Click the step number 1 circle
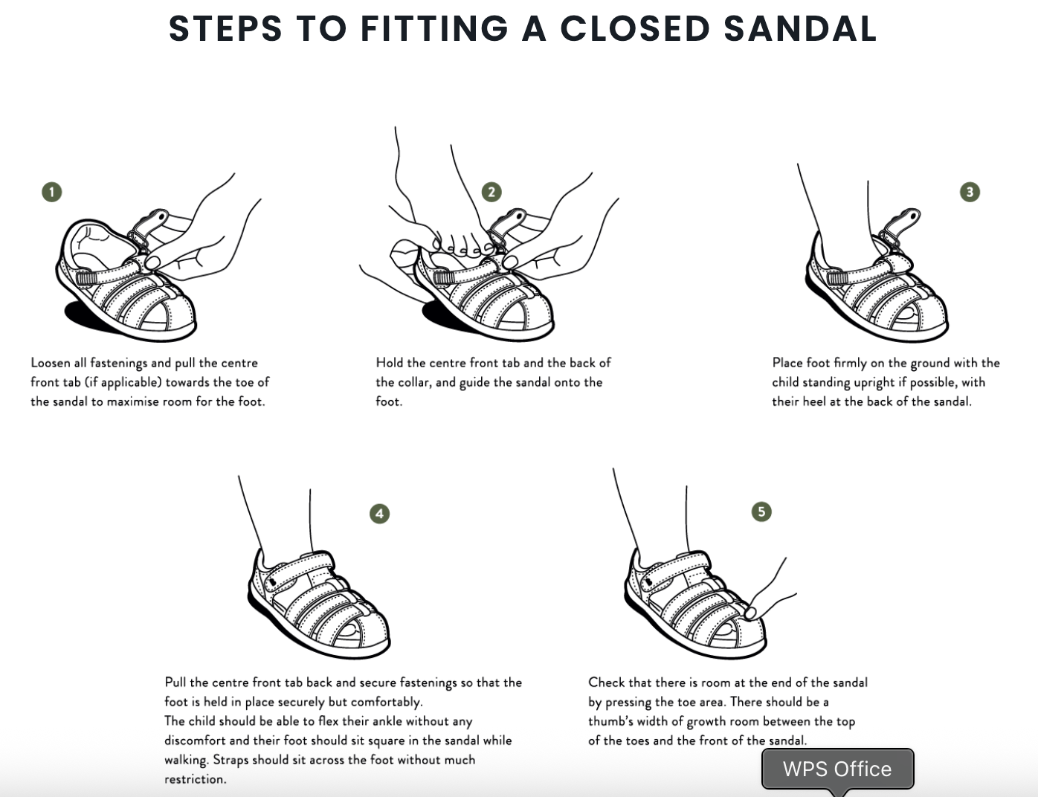(x=51, y=192)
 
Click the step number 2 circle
(x=491, y=192)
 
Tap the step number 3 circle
(x=970, y=192)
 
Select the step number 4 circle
(x=379, y=514)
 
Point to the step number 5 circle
(x=761, y=512)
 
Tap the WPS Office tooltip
(x=837, y=769)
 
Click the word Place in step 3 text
(x=787, y=363)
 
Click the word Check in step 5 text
(x=606, y=683)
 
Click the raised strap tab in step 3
(x=901, y=223)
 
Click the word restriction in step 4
(x=195, y=779)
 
